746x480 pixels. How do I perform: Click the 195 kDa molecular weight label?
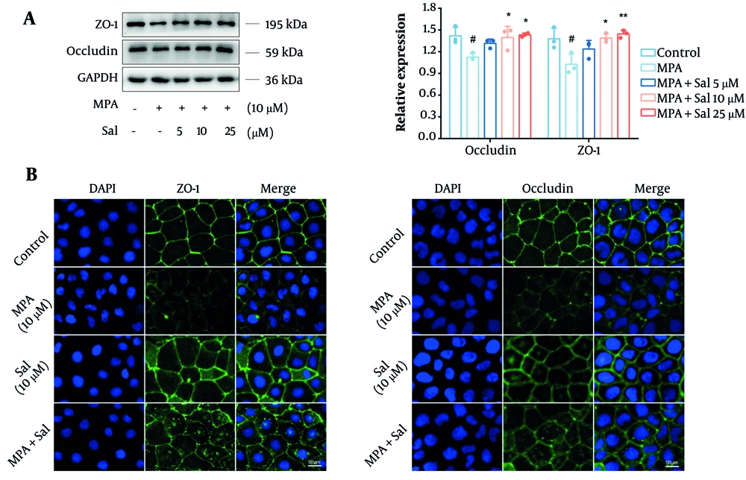(x=286, y=25)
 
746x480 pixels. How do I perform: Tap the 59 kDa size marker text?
(x=283, y=52)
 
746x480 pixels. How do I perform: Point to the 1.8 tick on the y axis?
(x=429, y=8)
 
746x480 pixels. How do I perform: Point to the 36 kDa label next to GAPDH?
(x=283, y=80)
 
